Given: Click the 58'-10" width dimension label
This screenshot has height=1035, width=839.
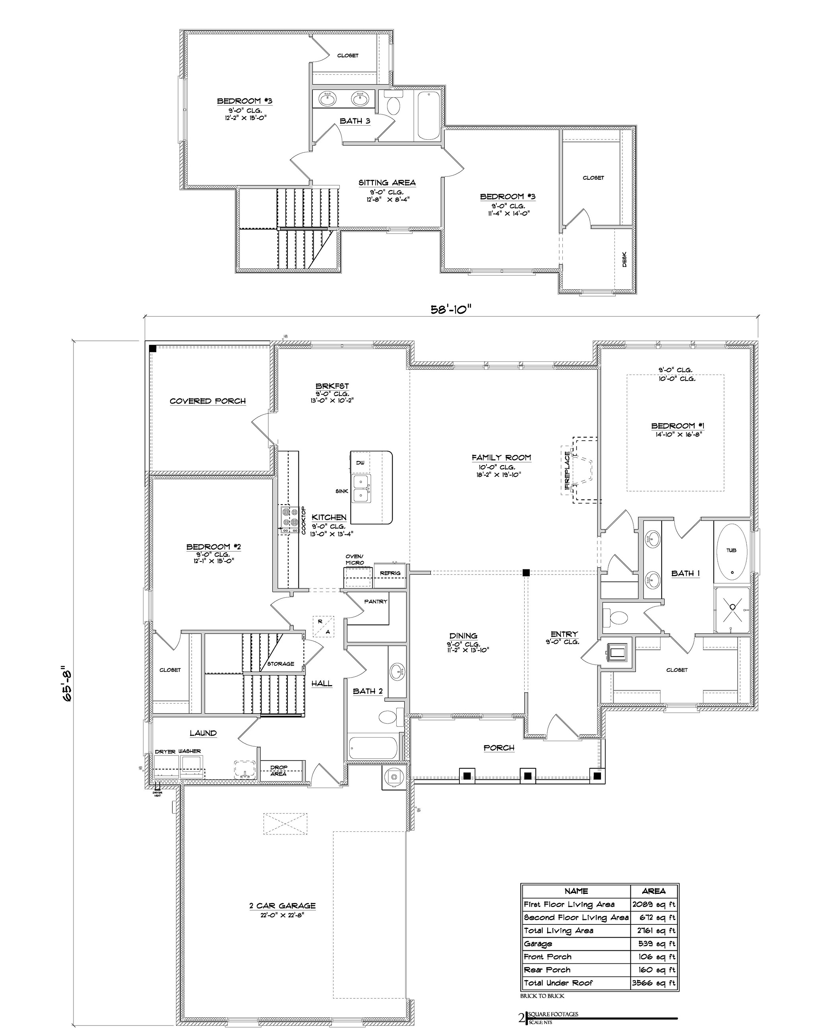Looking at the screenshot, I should click(450, 309).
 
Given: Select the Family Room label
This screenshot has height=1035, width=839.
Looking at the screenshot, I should click(501, 457).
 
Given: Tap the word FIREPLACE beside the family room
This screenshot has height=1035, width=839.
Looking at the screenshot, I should click(567, 470).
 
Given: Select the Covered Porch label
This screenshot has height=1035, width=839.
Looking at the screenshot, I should click(207, 401).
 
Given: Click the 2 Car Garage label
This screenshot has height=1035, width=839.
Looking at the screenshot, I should click(282, 905).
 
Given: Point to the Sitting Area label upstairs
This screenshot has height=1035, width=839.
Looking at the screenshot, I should click(387, 183).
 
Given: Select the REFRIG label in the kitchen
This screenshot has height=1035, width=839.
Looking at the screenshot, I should click(390, 573).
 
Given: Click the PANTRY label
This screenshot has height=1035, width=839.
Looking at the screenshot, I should click(376, 601).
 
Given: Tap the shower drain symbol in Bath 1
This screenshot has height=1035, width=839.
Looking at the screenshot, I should click(732, 607).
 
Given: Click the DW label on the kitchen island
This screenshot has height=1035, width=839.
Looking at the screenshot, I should click(360, 463).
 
